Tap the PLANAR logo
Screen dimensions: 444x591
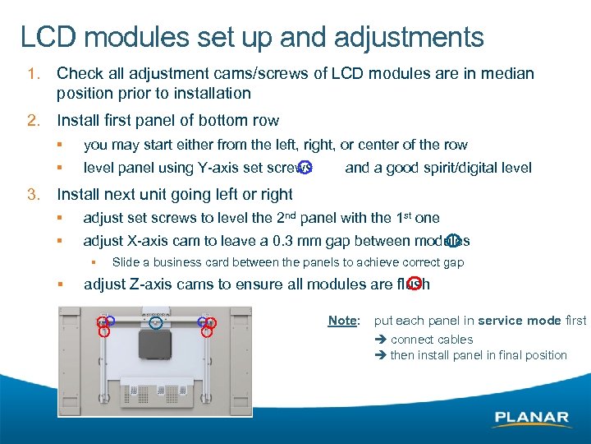coord(531,418)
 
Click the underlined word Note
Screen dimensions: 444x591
coord(342,321)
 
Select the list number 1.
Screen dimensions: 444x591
coord(32,74)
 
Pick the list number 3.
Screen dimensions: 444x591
coord(33,195)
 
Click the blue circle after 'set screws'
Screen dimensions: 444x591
coord(305,169)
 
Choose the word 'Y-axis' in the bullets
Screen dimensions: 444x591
coord(218,169)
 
